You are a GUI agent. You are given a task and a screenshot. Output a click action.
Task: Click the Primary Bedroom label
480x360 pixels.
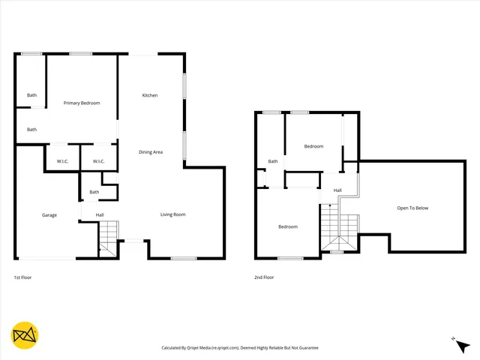pyautogui.click(x=82, y=103)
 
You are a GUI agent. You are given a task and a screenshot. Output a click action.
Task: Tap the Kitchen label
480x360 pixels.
pyautogui.click(x=150, y=95)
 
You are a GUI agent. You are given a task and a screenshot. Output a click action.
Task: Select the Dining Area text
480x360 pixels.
pyautogui.click(x=151, y=152)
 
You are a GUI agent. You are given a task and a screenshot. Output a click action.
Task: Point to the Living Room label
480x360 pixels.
pyautogui.click(x=172, y=214)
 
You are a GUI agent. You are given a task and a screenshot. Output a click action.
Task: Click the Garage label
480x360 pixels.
pyautogui.click(x=49, y=215)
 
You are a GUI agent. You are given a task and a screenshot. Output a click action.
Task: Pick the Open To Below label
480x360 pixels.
pyautogui.click(x=412, y=208)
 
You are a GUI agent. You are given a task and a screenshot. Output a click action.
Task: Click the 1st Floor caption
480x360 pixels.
pyautogui.click(x=22, y=277)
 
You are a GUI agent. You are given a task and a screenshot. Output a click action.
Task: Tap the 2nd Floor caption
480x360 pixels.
pyautogui.click(x=264, y=277)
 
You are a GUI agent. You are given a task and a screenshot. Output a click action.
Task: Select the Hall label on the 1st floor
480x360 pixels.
pyautogui.click(x=100, y=215)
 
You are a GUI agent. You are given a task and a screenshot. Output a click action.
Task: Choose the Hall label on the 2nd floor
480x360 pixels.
pyautogui.click(x=337, y=190)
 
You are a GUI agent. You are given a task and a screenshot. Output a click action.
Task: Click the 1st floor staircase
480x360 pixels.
pyautogui.click(x=109, y=236)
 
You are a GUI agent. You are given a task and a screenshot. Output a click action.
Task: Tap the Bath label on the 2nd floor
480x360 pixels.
pyautogui.click(x=273, y=161)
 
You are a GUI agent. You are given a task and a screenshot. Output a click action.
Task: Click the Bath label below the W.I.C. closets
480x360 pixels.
pyautogui.click(x=94, y=192)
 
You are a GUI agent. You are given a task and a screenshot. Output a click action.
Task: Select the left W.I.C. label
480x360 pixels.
pyautogui.click(x=61, y=161)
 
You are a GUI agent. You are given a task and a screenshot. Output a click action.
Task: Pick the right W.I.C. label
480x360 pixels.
pyautogui.click(x=98, y=161)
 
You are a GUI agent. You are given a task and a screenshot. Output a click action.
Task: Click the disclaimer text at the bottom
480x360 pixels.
pyautogui.click(x=240, y=348)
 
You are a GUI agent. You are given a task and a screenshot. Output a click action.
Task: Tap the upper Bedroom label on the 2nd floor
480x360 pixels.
pyautogui.click(x=313, y=146)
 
